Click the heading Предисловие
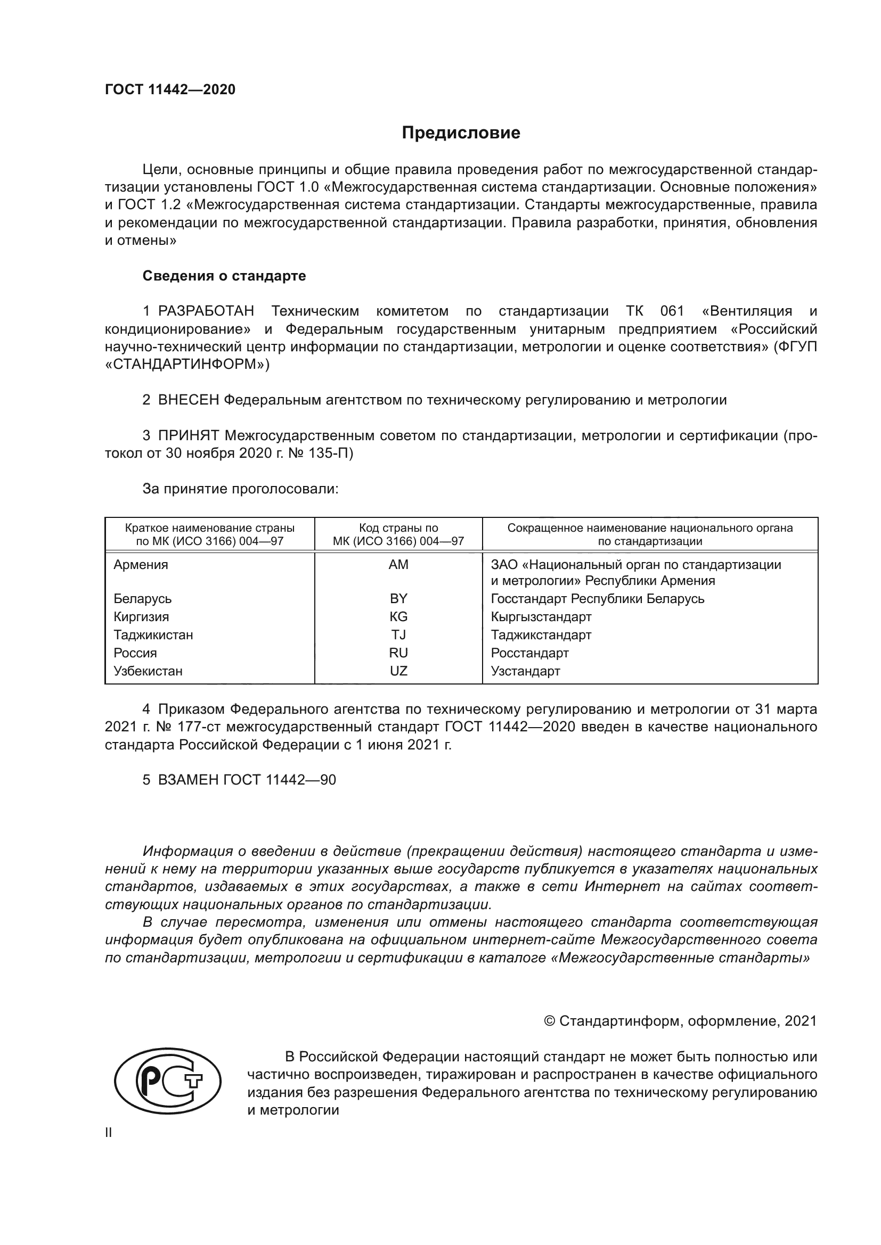tap(461, 133)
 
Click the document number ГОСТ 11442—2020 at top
tap(170, 89)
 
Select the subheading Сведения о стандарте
tap(224, 276)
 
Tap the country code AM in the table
tap(398, 564)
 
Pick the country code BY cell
tap(398, 599)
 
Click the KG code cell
tap(398, 616)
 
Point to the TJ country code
tap(398, 634)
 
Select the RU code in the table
tap(398, 653)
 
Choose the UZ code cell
tap(398, 671)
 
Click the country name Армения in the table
tap(141, 564)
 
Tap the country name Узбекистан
tap(148, 671)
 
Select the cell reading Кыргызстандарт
tap(541, 616)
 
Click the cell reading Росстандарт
tap(529, 653)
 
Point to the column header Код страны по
tap(398, 527)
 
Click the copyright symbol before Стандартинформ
tap(549, 1021)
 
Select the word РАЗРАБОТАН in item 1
tap(206, 311)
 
